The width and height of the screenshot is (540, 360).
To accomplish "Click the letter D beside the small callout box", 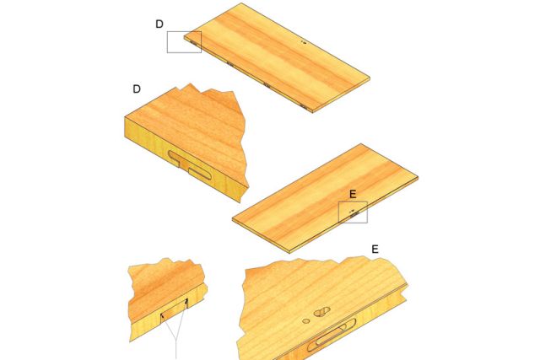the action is pyautogui.click(x=159, y=24).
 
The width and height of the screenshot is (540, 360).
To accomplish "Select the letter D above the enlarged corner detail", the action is pyautogui.click(x=137, y=89).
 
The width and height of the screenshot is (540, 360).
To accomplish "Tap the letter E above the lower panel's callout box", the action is pyautogui.click(x=353, y=195).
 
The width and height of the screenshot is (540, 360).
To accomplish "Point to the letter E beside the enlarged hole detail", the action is pyautogui.click(x=375, y=250).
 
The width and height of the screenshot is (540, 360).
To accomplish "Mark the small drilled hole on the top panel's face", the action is pyautogui.click(x=304, y=42).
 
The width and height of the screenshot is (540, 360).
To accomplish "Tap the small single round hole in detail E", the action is pyautogui.click(x=305, y=321).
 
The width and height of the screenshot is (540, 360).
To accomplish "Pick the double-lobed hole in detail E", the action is pyautogui.click(x=321, y=312).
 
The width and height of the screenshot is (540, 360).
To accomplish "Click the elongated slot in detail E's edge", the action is pyautogui.click(x=331, y=336).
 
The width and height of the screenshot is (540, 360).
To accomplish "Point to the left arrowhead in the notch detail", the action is pyautogui.click(x=163, y=315).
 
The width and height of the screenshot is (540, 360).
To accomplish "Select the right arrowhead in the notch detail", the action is pyautogui.click(x=186, y=301).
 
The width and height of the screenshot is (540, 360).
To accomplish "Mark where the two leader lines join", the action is pyautogui.click(x=176, y=340).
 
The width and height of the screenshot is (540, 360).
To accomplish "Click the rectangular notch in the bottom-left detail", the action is pyautogui.click(x=175, y=311).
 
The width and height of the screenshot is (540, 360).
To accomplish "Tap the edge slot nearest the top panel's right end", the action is pyautogui.click(x=303, y=105).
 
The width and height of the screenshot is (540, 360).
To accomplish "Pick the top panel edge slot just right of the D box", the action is pyautogui.click(x=195, y=44).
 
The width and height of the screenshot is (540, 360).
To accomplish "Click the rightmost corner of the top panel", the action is pyautogui.click(x=370, y=78).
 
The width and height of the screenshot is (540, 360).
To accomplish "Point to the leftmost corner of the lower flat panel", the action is pyautogui.click(x=232, y=218).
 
